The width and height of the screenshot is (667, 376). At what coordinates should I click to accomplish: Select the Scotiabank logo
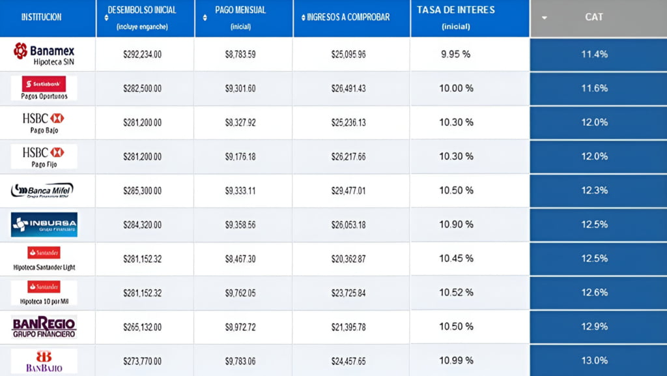click(44, 84)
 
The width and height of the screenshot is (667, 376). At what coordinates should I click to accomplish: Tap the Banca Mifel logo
click(42, 190)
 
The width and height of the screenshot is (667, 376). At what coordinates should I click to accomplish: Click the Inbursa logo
click(44, 224)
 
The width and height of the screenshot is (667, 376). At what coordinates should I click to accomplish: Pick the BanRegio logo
click(44, 326)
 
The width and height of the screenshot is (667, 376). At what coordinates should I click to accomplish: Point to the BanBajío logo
click(44, 360)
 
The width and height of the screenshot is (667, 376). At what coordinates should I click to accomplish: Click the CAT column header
click(594, 17)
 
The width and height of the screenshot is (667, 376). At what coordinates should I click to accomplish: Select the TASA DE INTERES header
click(456, 10)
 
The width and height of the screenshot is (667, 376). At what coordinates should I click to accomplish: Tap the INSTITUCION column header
click(42, 17)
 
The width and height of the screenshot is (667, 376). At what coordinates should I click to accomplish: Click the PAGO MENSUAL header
click(241, 10)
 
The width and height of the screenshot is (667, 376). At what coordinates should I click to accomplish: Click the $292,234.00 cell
click(142, 54)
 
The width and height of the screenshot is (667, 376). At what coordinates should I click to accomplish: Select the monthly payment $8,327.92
click(240, 123)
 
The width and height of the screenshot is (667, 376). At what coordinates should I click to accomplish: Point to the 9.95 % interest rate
click(455, 54)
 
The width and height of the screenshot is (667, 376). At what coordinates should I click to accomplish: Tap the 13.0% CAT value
click(594, 360)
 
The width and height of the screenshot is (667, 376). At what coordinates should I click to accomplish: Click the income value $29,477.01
click(348, 190)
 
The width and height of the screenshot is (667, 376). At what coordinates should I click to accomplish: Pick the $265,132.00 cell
click(142, 326)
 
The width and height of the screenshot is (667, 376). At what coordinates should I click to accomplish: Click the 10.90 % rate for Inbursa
click(455, 224)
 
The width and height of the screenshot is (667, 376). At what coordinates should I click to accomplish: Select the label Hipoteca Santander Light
click(45, 267)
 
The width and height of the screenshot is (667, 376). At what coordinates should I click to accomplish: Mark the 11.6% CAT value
click(594, 88)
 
